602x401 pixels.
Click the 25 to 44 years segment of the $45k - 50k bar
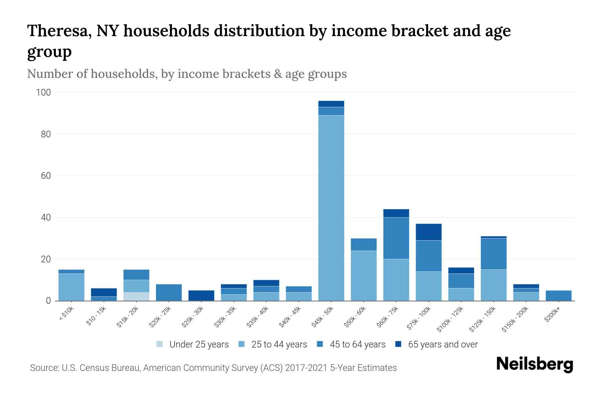[331, 207]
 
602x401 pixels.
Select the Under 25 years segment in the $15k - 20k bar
[136, 296]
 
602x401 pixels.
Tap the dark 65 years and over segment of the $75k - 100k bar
[428, 232]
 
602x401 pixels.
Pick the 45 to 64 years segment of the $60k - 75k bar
[396, 238]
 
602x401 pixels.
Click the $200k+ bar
[559, 295]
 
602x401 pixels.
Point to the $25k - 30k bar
[201, 295]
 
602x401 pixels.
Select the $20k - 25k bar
[169, 292]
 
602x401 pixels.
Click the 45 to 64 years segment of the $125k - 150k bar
[493, 254]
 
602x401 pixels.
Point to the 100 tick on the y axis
[43, 93]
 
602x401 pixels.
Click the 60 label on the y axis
[46, 176]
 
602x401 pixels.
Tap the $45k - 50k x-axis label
[323, 317]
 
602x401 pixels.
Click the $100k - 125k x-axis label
[450, 319]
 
